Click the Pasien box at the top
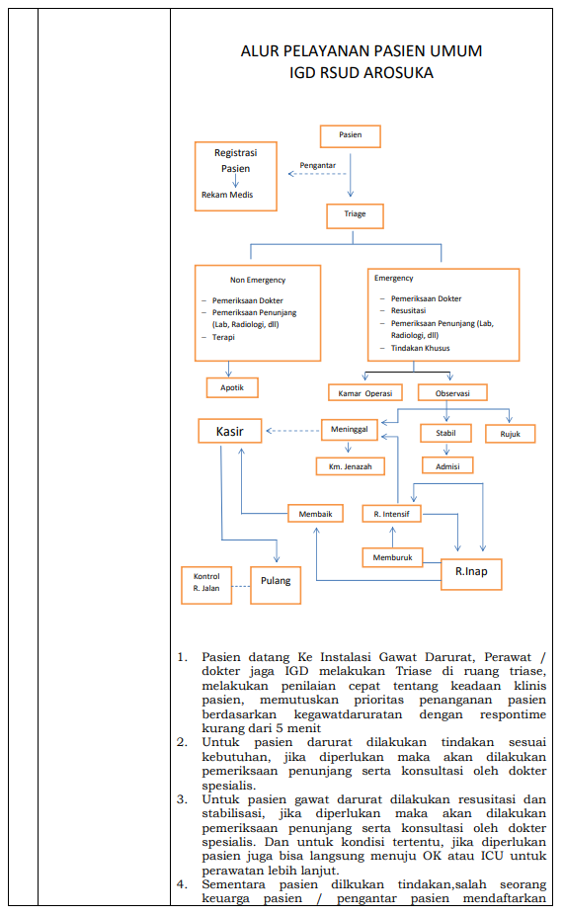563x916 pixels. click(x=351, y=136)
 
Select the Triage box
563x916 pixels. click(x=356, y=215)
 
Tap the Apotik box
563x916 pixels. click(x=232, y=387)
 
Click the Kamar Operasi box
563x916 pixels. click(x=365, y=393)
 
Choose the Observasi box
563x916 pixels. click(x=452, y=392)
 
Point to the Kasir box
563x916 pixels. click(x=229, y=431)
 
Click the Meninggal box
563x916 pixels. click(x=350, y=430)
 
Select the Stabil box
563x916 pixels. click(x=445, y=433)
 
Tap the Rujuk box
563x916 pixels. click(x=510, y=434)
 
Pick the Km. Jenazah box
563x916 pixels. click(x=351, y=466)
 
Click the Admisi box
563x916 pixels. click(x=447, y=465)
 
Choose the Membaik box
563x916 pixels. click(x=315, y=514)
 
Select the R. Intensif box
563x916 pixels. click(x=391, y=514)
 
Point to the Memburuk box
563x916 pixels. click(x=392, y=557)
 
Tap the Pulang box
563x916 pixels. click(x=276, y=585)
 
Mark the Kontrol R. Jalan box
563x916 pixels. click(x=206, y=585)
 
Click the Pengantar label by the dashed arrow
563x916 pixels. click(x=318, y=165)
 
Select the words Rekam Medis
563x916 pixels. click(x=227, y=195)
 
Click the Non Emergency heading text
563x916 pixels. click(x=258, y=280)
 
